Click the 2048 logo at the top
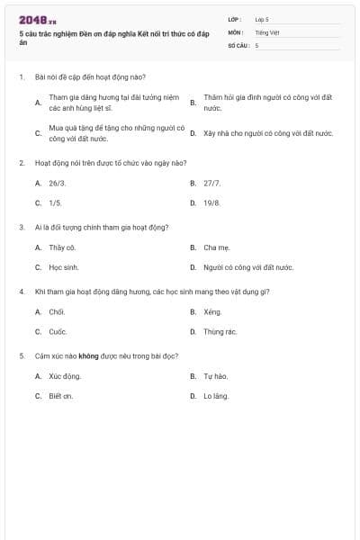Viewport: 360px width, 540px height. click(x=38, y=20)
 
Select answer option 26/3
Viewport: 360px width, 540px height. click(x=56, y=183)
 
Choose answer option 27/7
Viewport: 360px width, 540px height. click(x=211, y=183)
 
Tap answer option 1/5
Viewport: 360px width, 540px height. click(x=55, y=203)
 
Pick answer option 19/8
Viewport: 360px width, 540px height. click(x=211, y=203)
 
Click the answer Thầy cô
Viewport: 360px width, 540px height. click(x=62, y=247)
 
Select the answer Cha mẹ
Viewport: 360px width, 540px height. click(x=216, y=247)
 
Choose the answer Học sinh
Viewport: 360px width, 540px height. click(x=64, y=267)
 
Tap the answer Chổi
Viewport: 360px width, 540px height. click(x=57, y=311)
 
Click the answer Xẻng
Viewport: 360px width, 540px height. click(x=212, y=311)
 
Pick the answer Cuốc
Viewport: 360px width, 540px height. click(x=57, y=331)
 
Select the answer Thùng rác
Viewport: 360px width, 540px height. click(x=220, y=331)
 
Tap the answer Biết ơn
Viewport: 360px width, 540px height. click(x=61, y=396)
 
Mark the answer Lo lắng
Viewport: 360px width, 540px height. click(x=216, y=396)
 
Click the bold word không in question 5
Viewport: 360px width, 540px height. click(x=88, y=355)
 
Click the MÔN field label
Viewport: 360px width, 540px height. click(x=236, y=31)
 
